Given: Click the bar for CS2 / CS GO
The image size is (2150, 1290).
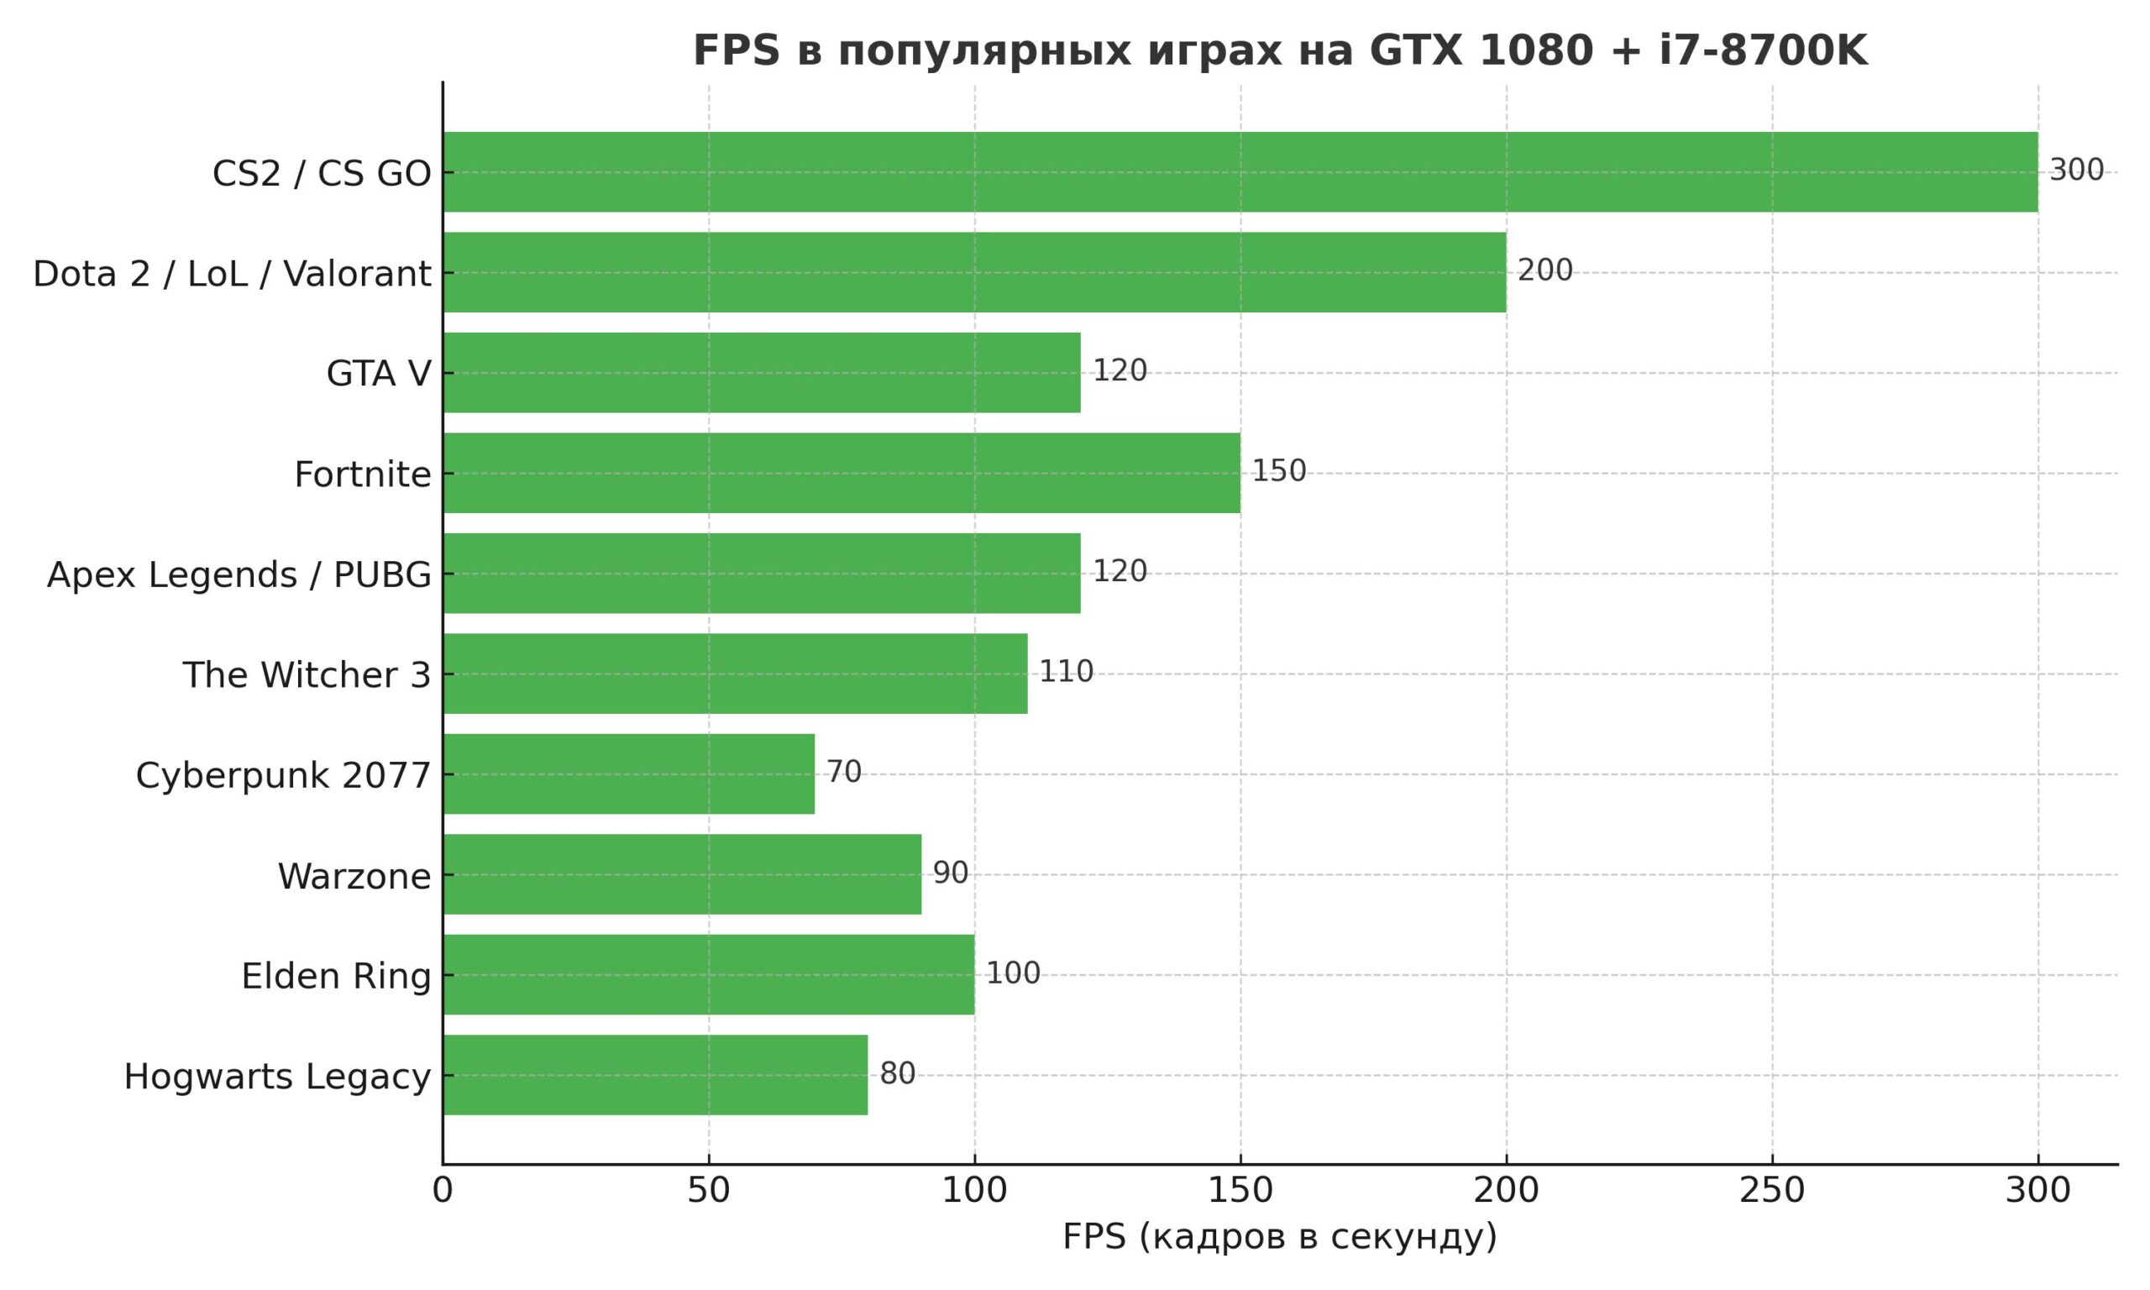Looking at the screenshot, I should tap(1240, 172).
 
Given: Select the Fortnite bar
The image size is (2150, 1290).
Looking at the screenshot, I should tap(842, 473).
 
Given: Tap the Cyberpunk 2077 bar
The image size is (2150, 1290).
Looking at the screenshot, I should tap(628, 773).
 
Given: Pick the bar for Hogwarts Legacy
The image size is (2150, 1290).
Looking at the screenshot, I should tap(654, 1074).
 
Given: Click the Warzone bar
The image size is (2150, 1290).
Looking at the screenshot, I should tap(681, 874).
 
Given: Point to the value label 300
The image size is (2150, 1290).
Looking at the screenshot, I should tap(2076, 170).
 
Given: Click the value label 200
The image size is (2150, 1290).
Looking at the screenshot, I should tap(1544, 270).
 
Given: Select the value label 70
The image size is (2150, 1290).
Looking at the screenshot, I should tap(843, 772).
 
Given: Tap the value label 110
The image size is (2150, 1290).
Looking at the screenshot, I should tap(1066, 672).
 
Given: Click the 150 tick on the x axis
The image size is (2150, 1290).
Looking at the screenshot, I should tap(1240, 1191).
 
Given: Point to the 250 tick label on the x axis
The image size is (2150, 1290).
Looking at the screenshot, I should tap(1772, 1191).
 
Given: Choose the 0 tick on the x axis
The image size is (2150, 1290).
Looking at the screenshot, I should tap(443, 1191).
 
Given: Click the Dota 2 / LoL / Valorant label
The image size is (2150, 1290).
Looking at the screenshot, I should tap(232, 274).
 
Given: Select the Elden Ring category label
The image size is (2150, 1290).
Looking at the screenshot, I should tap(335, 976).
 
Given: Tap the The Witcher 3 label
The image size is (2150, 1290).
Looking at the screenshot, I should tap(306, 675).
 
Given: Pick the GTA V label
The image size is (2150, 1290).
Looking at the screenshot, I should tap(378, 374).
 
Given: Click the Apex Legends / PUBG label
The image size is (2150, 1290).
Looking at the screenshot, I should tap(239, 575).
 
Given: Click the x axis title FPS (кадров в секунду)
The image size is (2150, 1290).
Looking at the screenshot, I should tap(1279, 1237).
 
